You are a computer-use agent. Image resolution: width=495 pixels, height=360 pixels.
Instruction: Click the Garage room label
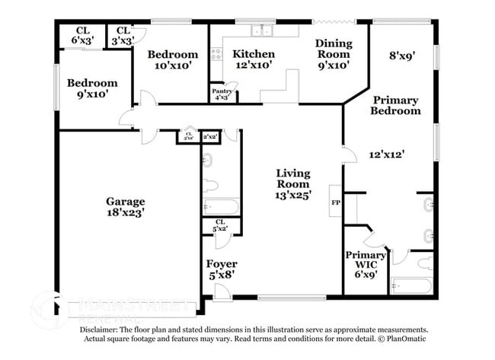click(x=125, y=202)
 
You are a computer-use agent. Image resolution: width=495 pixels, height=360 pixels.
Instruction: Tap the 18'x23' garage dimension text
click(x=125, y=214)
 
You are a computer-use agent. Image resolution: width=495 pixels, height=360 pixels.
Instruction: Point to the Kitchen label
click(x=254, y=54)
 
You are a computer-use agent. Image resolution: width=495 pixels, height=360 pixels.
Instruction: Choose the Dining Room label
click(x=333, y=49)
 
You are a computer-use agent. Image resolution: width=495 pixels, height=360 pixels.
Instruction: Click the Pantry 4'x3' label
click(x=223, y=94)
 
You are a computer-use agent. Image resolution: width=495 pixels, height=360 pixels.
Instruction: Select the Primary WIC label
click(x=366, y=260)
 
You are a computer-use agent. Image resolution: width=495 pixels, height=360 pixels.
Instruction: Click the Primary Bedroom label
click(x=395, y=105)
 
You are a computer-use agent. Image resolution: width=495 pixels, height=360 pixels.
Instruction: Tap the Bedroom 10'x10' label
click(x=173, y=60)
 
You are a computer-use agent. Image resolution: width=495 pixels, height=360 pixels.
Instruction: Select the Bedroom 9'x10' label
click(x=91, y=88)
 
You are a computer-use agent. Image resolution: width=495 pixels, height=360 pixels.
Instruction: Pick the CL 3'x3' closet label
click(x=123, y=35)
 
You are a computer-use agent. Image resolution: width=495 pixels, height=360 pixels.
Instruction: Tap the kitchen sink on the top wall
click(x=263, y=31)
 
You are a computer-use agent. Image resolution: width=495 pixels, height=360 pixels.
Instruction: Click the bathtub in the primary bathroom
click(x=411, y=286)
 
